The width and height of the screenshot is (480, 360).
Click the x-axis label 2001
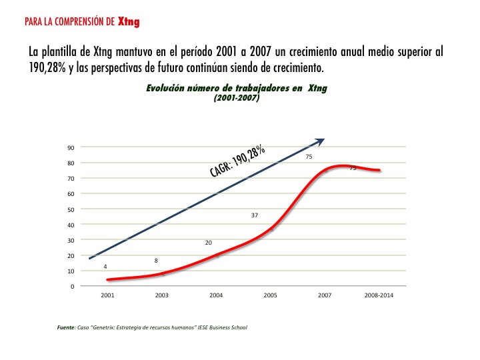tap(107, 295)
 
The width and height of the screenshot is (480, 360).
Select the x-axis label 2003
tap(161, 295)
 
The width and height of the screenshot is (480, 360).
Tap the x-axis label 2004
tap(216, 295)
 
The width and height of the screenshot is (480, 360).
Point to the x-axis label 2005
tap(270, 295)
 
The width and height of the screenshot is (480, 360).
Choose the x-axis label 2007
tap(324, 295)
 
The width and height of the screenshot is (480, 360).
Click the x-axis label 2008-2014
tap(379, 295)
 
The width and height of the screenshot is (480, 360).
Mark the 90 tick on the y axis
tap(70, 147)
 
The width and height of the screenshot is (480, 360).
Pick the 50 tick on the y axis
tap(70, 209)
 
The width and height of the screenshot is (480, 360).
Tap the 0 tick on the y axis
tap(72, 287)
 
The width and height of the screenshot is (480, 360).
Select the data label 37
tap(255, 216)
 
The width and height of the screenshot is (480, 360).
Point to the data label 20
tap(209, 243)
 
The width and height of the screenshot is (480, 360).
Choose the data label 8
tap(156, 261)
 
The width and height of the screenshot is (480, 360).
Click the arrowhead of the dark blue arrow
tap(320, 141)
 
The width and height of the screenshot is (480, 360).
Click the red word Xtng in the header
tap(129, 21)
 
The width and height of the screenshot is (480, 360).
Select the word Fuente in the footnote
tap(66, 327)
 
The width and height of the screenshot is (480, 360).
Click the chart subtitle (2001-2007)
tap(237, 97)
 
